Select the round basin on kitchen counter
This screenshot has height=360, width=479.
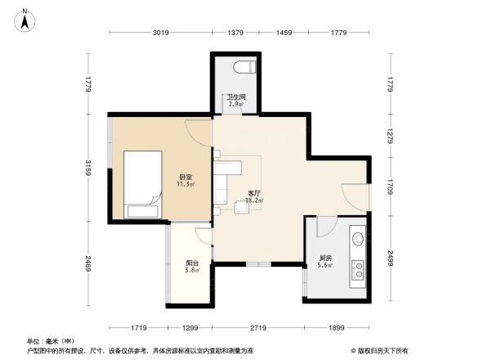tap(358, 239)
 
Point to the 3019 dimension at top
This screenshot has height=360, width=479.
tap(159, 33)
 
